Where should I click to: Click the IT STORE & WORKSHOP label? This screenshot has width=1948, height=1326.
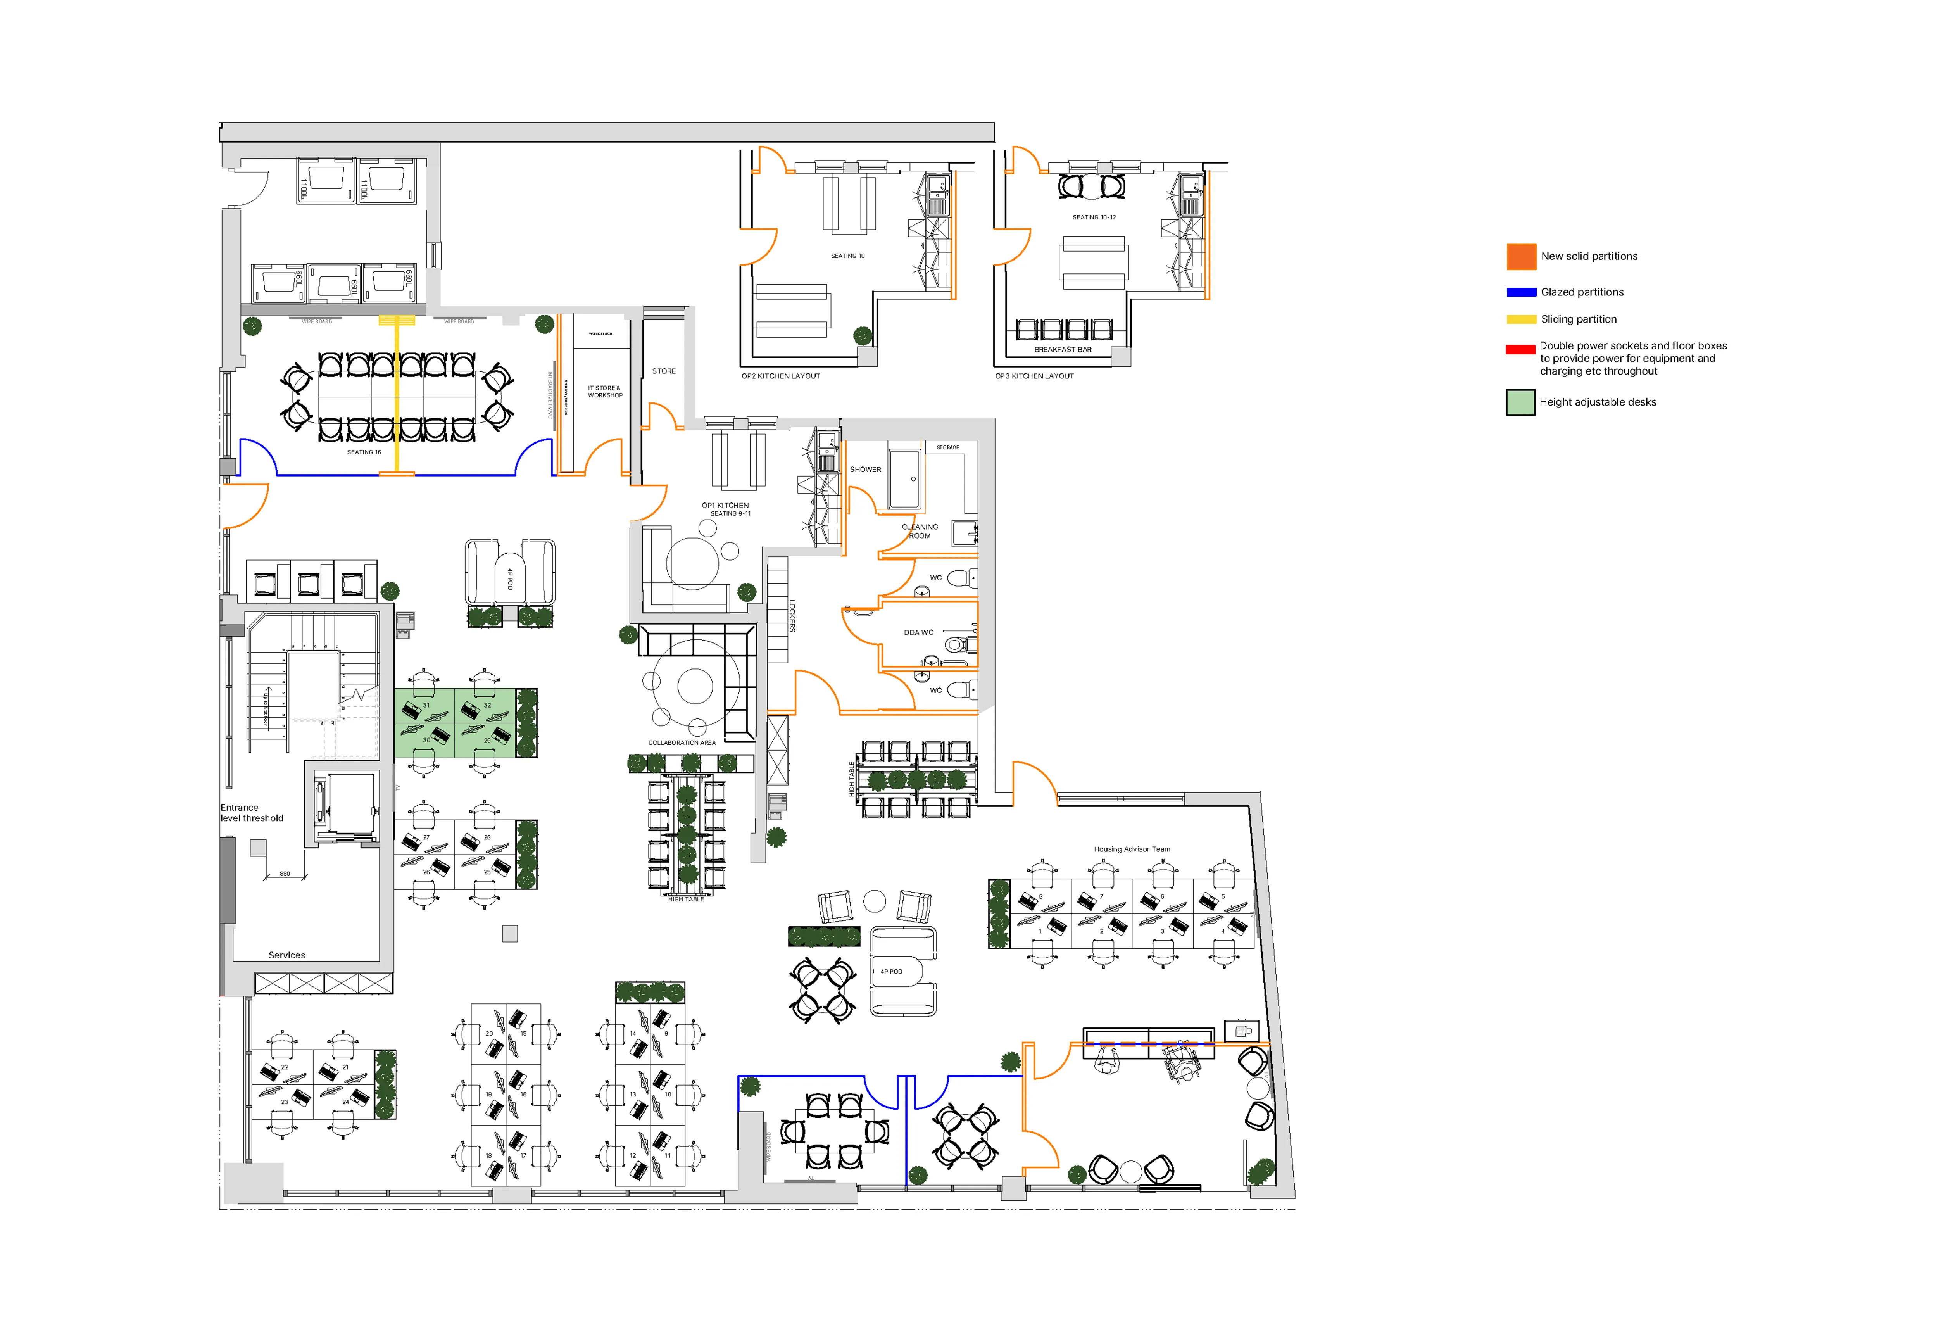tap(604, 392)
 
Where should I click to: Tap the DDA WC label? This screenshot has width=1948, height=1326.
tap(918, 633)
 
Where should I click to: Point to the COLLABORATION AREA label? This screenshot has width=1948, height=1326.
tap(682, 742)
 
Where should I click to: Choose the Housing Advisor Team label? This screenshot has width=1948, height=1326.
tap(1132, 849)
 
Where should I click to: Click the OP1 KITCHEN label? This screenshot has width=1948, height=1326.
tap(725, 506)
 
